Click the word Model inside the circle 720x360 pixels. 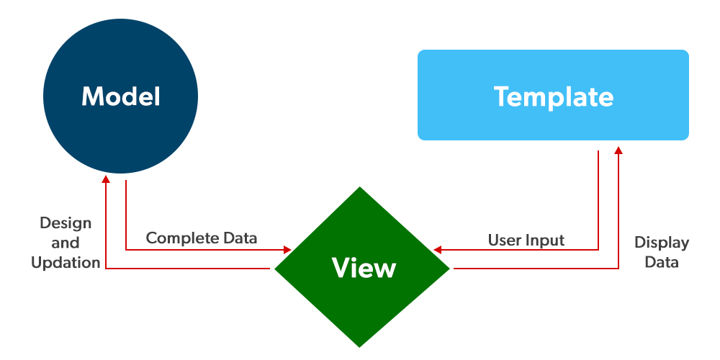pyautogui.click(x=120, y=96)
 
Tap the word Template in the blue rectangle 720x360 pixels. pyautogui.click(x=553, y=96)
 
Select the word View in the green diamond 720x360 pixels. pyautogui.click(x=364, y=268)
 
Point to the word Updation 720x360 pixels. pyautogui.click(x=66, y=263)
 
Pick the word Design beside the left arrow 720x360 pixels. pyautogui.click(x=66, y=222)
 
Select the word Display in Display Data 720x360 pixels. pyautogui.click(x=661, y=243)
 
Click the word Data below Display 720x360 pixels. pyautogui.click(x=661, y=263)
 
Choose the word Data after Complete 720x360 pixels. pyautogui.click(x=238, y=238)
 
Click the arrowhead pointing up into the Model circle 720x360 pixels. pyautogui.click(x=106, y=178)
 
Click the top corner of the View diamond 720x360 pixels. pyautogui.click(x=360, y=189)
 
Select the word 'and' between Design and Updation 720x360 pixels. pyautogui.click(x=66, y=243)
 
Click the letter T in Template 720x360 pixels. pyautogui.click(x=503, y=96)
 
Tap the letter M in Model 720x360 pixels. pyautogui.click(x=92, y=96)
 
